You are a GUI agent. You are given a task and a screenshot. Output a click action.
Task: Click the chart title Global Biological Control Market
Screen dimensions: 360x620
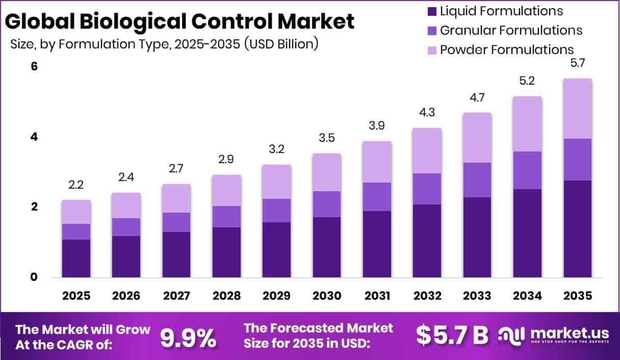point(179,22)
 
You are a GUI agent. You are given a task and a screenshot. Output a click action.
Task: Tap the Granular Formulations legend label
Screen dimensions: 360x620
point(511,31)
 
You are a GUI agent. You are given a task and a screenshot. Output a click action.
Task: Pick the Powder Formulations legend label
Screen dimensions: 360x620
point(507,50)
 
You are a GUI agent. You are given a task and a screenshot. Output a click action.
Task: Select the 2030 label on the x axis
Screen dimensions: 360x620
point(327,296)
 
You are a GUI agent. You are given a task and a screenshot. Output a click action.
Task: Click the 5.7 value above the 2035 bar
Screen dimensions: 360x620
point(578,63)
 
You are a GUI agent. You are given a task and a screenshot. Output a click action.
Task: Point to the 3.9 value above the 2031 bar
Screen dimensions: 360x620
point(377,125)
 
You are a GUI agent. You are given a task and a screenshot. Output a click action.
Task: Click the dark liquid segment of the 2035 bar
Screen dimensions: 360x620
point(578,229)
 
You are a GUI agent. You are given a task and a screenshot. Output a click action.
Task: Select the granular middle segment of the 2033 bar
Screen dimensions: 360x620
point(477,180)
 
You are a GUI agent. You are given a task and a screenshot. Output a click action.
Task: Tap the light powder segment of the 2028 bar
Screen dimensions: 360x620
point(226,190)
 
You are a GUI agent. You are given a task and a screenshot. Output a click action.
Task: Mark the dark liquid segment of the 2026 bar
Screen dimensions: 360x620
point(126,256)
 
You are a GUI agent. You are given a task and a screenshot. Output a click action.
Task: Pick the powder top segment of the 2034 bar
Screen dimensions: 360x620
point(527,124)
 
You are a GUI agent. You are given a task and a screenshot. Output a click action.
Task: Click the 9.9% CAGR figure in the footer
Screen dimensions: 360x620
point(188,337)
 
